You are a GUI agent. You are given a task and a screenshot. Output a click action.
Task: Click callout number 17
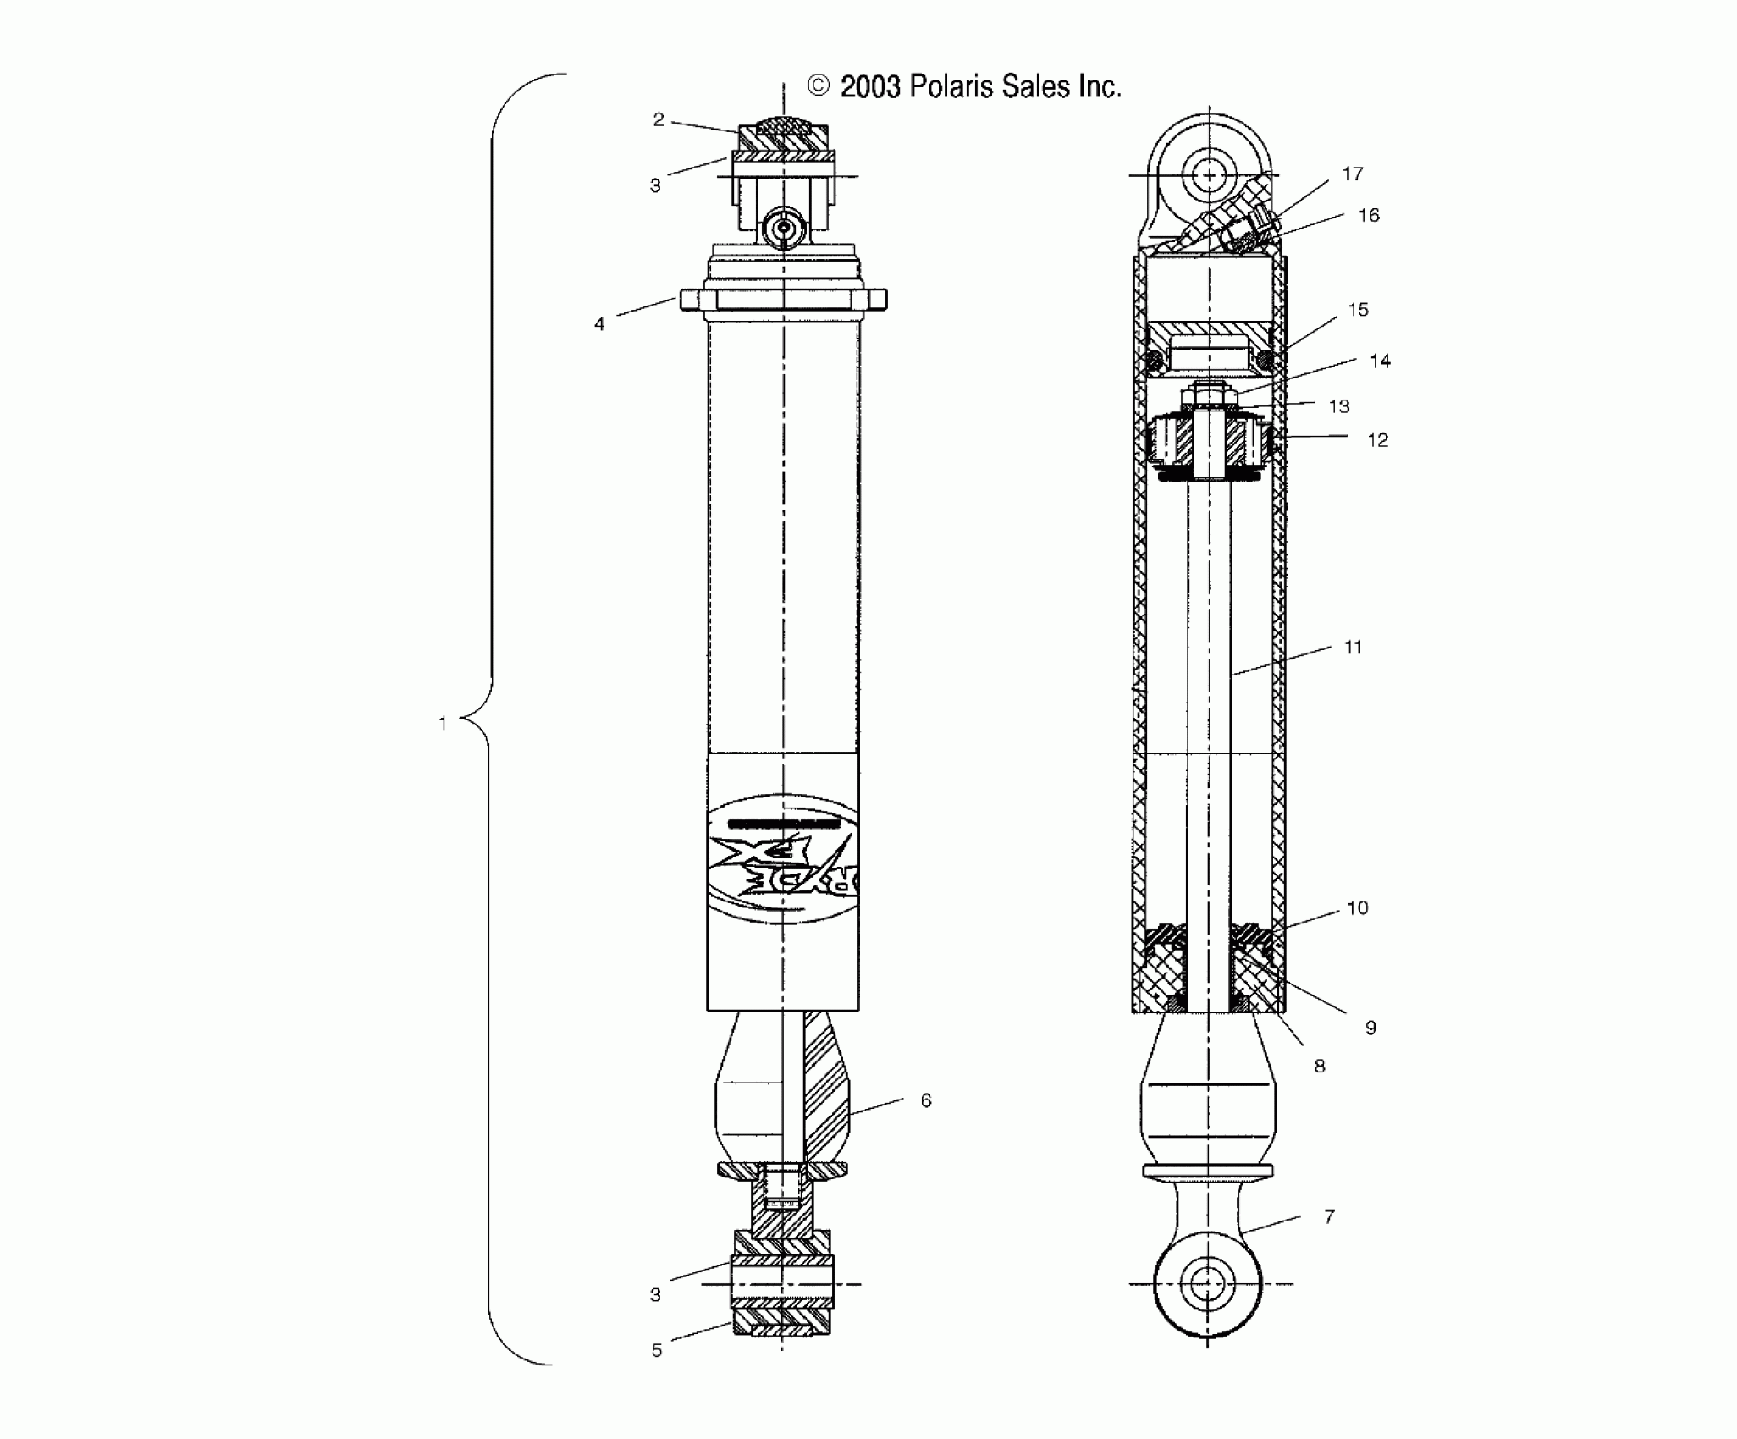[x=1353, y=174]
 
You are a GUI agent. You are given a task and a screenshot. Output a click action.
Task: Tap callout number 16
[x=1369, y=216]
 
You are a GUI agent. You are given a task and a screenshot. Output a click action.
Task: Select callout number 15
[x=1358, y=310]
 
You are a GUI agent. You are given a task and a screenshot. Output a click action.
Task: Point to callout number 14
[x=1380, y=361]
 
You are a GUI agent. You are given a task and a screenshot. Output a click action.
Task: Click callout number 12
[x=1377, y=440]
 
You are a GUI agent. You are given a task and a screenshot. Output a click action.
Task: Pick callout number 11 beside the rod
[x=1353, y=648]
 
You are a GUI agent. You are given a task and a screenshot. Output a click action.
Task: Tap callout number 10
[x=1357, y=908]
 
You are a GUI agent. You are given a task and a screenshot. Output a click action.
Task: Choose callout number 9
[x=1370, y=1028]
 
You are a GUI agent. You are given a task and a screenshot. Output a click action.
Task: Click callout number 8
[x=1319, y=1067]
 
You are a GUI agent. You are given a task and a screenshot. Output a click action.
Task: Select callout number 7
[x=1329, y=1216]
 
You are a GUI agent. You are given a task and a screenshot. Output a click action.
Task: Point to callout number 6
[x=925, y=1100]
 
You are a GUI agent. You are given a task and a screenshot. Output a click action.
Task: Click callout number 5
[x=657, y=1350]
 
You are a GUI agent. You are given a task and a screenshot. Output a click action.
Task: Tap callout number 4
[x=599, y=324]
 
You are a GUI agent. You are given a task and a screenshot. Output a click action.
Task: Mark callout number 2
[x=659, y=120]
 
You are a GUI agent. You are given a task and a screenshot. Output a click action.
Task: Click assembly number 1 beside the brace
[x=442, y=723]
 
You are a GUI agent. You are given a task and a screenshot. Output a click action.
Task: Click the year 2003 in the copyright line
[x=870, y=87]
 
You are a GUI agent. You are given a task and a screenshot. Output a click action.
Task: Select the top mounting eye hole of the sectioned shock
[x=1210, y=176]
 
